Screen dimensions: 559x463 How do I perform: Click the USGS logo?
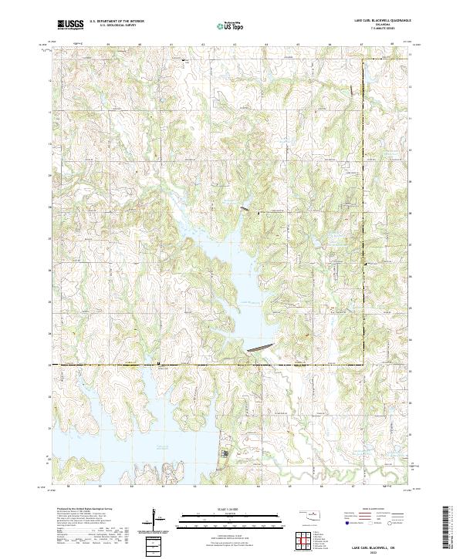(x=70, y=25)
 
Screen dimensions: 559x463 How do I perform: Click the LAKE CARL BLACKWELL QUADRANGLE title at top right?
(x=383, y=22)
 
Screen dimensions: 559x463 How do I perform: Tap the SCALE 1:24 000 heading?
(x=223, y=506)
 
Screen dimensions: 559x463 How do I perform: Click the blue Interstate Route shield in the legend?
(x=346, y=522)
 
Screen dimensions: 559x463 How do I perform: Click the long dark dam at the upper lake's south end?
(x=259, y=348)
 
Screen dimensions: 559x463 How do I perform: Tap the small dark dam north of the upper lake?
(x=243, y=209)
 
